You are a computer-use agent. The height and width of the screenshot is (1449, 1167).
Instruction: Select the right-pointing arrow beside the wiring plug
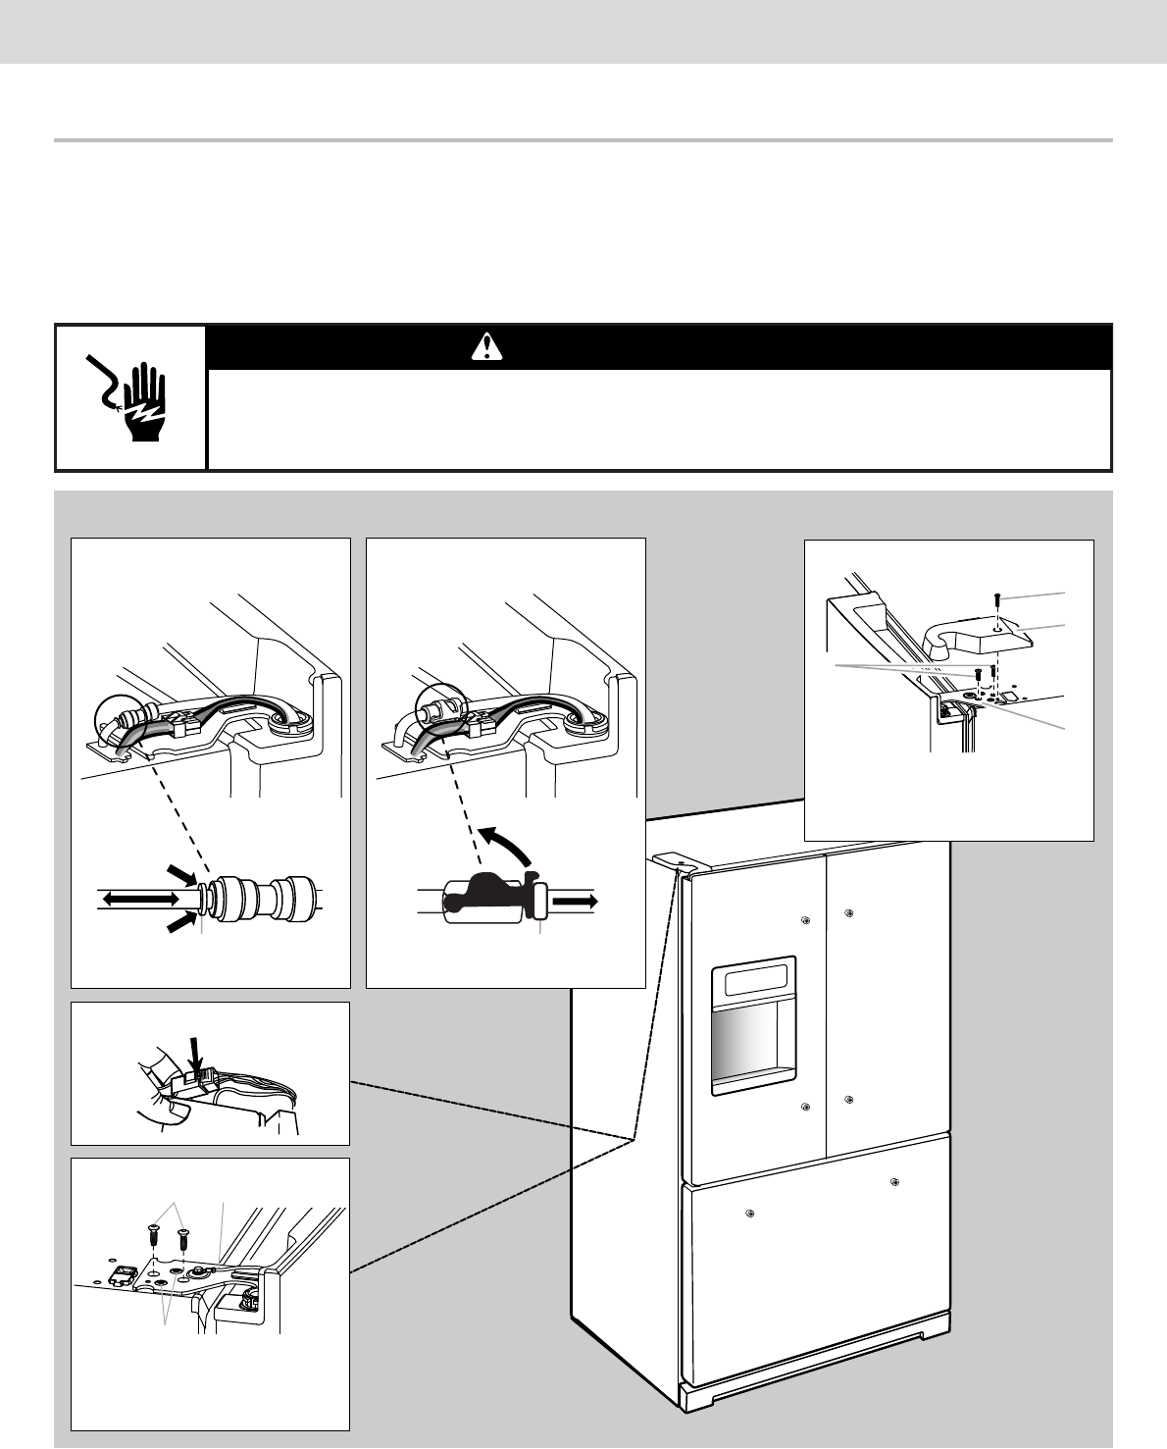pyautogui.click(x=576, y=897)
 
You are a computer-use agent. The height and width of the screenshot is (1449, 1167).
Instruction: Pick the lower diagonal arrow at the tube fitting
pyautogui.click(x=181, y=922)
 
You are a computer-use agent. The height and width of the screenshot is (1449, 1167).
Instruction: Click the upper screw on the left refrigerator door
pyautogui.click(x=805, y=920)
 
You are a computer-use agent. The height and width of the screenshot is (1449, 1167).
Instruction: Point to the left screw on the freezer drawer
pyautogui.click(x=749, y=1214)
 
